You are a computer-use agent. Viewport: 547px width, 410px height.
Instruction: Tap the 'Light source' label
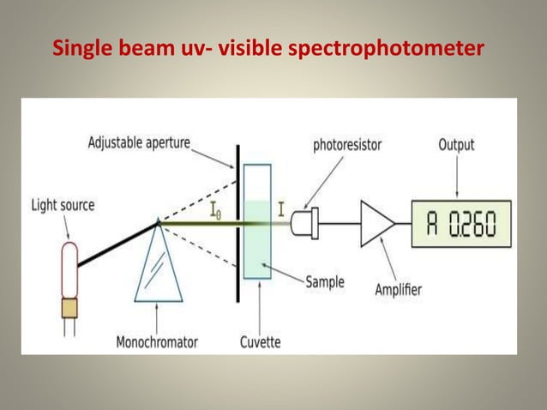(63, 205)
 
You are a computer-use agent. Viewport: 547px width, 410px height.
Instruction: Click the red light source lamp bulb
(68, 267)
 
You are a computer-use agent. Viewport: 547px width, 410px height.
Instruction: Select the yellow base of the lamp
(68, 305)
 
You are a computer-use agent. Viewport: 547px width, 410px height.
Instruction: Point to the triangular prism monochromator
(158, 266)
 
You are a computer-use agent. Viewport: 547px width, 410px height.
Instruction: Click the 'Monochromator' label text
(157, 341)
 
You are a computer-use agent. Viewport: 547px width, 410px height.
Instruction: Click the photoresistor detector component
(305, 224)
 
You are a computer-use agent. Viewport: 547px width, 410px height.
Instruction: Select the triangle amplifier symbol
(376, 224)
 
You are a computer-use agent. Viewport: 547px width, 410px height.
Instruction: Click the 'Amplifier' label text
(398, 290)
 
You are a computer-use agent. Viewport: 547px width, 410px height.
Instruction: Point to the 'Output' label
(456, 144)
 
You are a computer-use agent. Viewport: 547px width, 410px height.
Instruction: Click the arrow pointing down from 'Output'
(456, 176)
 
